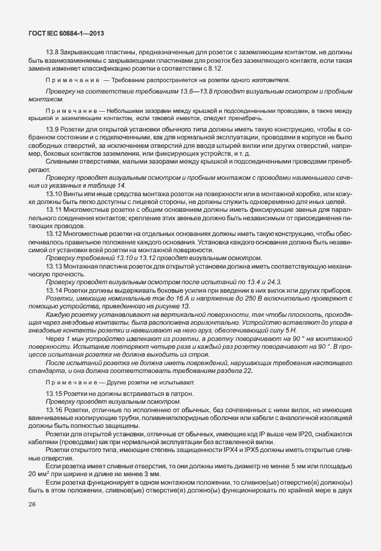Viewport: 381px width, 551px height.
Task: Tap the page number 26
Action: pos(32,504)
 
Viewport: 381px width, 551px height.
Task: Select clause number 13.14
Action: pos(54,290)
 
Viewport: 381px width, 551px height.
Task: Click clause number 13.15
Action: pos(54,393)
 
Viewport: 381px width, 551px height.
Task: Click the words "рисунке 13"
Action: pos(171,307)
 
